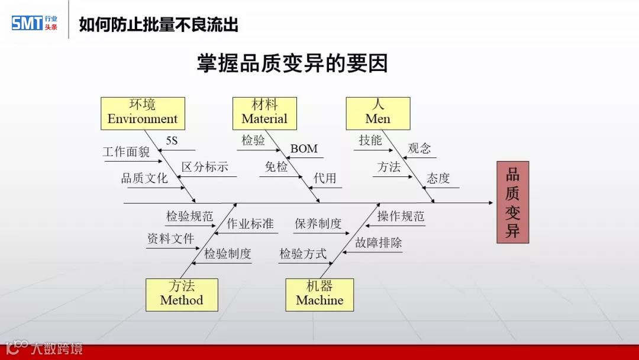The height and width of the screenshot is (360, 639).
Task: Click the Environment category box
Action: [x=143, y=112]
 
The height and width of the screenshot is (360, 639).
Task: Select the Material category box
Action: [x=264, y=112]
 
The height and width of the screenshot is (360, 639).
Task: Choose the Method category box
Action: [x=182, y=294]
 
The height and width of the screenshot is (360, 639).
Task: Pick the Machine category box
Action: [x=319, y=294]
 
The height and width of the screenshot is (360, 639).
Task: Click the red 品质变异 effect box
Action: [x=512, y=202]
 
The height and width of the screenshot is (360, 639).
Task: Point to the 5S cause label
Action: [x=172, y=140]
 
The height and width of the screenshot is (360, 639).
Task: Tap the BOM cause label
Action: [x=304, y=149]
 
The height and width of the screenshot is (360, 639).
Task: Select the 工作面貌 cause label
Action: [x=126, y=152]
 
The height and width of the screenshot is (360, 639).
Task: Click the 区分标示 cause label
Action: [x=205, y=167]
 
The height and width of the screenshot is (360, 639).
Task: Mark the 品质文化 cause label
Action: [x=144, y=178]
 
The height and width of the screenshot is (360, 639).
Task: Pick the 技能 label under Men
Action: [x=370, y=140]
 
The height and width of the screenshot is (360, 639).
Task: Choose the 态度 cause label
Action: [x=438, y=178]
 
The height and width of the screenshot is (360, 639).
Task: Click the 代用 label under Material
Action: [x=325, y=178]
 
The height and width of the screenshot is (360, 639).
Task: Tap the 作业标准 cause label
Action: [x=250, y=224]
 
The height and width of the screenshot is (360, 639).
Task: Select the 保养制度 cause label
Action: [x=318, y=224]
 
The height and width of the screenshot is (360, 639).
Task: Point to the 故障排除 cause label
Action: [x=379, y=242]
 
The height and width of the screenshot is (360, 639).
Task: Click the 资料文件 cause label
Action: [x=170, y=239]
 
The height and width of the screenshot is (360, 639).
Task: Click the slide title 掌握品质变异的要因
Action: [x=292, y=63]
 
